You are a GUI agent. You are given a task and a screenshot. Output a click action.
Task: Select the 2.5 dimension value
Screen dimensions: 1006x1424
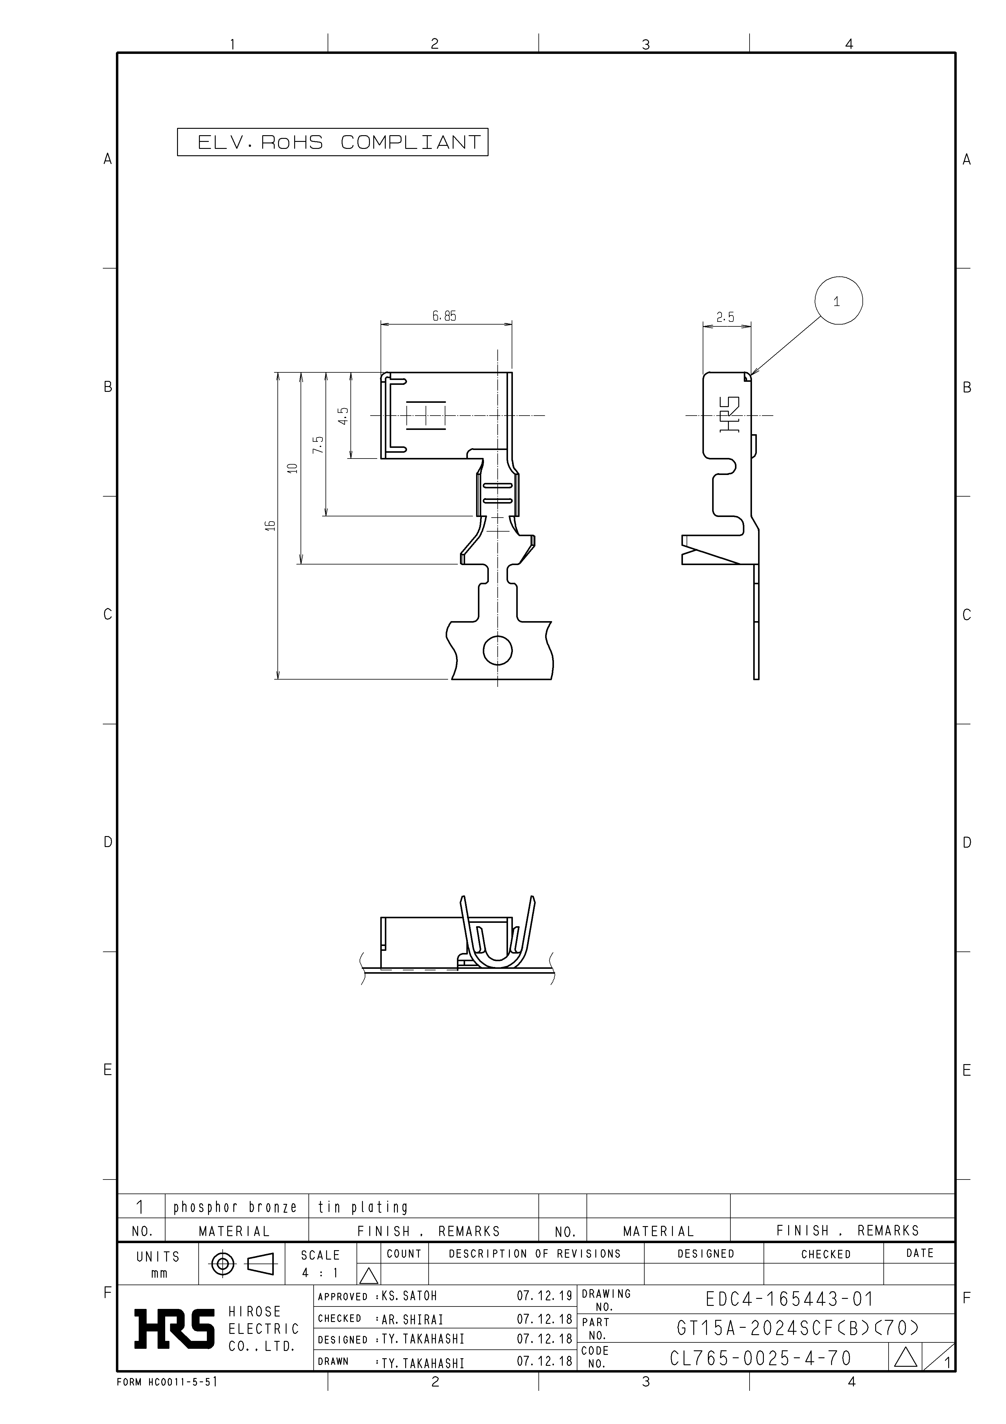pyautogui.click(x=725, y=318)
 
